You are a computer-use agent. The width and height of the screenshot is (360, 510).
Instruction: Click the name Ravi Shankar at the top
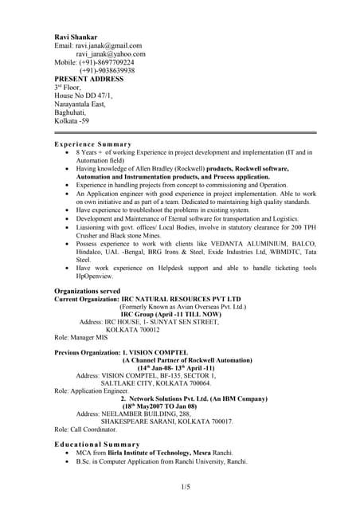[x=77, y=37]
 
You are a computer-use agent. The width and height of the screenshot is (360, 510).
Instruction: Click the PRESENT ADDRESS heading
[x=88, y=79]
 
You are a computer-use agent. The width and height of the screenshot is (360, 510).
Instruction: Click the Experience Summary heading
[x=92, y=144]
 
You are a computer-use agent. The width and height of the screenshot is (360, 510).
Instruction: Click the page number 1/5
[x=185, y=486]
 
